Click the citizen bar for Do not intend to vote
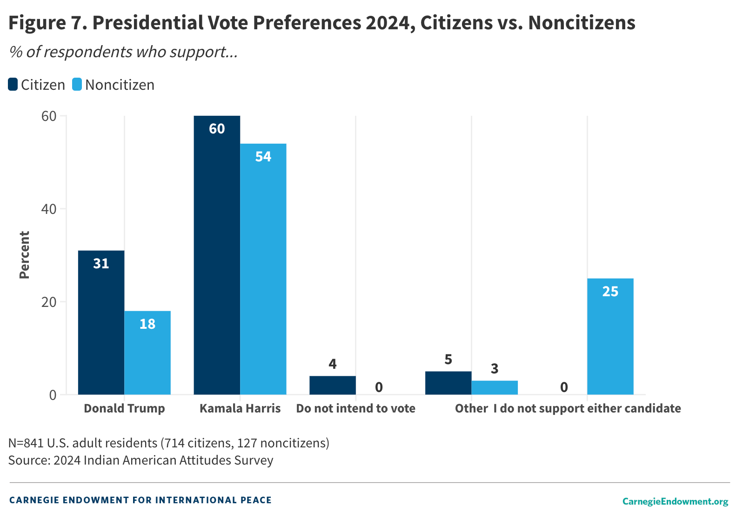point(332,385)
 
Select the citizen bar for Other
point(448,383)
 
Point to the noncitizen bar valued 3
point(494,387)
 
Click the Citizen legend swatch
point(13,85)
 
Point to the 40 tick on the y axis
point(49,209)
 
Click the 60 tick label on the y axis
point(49,116)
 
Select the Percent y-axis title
point(24,255)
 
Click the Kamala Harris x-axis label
point(240,408)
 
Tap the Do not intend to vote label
point(355,408)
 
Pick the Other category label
point(471,408)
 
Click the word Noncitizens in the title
point(582,22)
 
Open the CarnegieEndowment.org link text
point(675,501)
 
